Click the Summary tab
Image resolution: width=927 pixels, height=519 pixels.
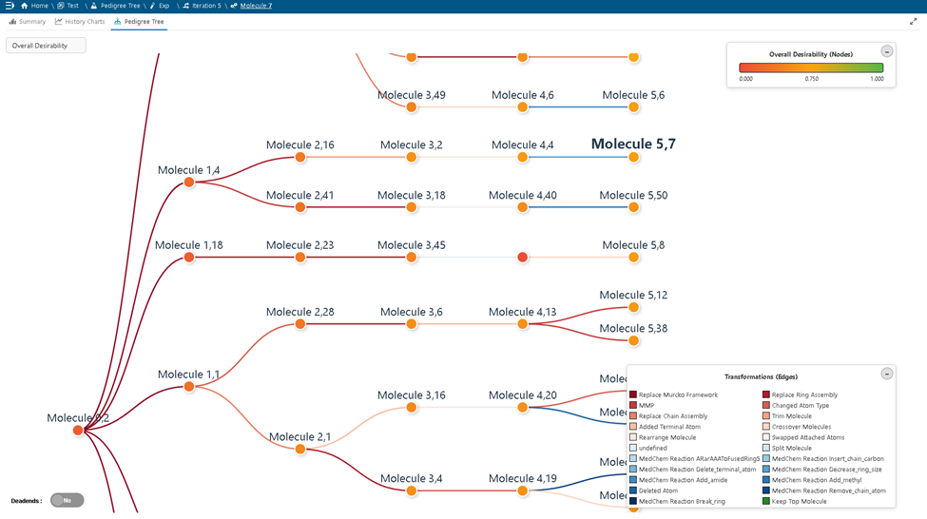click(28, 21)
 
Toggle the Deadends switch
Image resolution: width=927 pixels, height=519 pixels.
click(67, 500)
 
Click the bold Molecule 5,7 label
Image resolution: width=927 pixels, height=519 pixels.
click(633, 144)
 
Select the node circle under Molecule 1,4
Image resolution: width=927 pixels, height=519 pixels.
click(189, 182)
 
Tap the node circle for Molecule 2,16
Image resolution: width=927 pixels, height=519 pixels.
click(300, 157)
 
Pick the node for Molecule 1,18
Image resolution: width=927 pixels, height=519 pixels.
click(189, 258)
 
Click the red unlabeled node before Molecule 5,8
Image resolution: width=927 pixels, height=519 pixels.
click(522, 258)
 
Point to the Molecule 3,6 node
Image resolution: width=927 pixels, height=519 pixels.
click(412, 324)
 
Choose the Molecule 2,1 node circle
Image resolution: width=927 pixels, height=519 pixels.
click(300, 450)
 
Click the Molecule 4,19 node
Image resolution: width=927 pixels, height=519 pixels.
click(522, 490)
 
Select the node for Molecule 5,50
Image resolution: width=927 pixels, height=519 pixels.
click(633, 207)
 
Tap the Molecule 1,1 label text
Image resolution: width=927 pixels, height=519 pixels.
click(188, 375)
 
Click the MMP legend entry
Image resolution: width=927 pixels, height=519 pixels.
click(647, 406)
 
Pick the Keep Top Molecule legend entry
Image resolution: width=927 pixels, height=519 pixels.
click(799, 501)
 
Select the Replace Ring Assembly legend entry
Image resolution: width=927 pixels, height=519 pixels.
click(804, 394)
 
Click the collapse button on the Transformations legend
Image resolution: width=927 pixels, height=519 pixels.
click(886, 374)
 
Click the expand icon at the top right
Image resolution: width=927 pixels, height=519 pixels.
click(914, 21)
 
